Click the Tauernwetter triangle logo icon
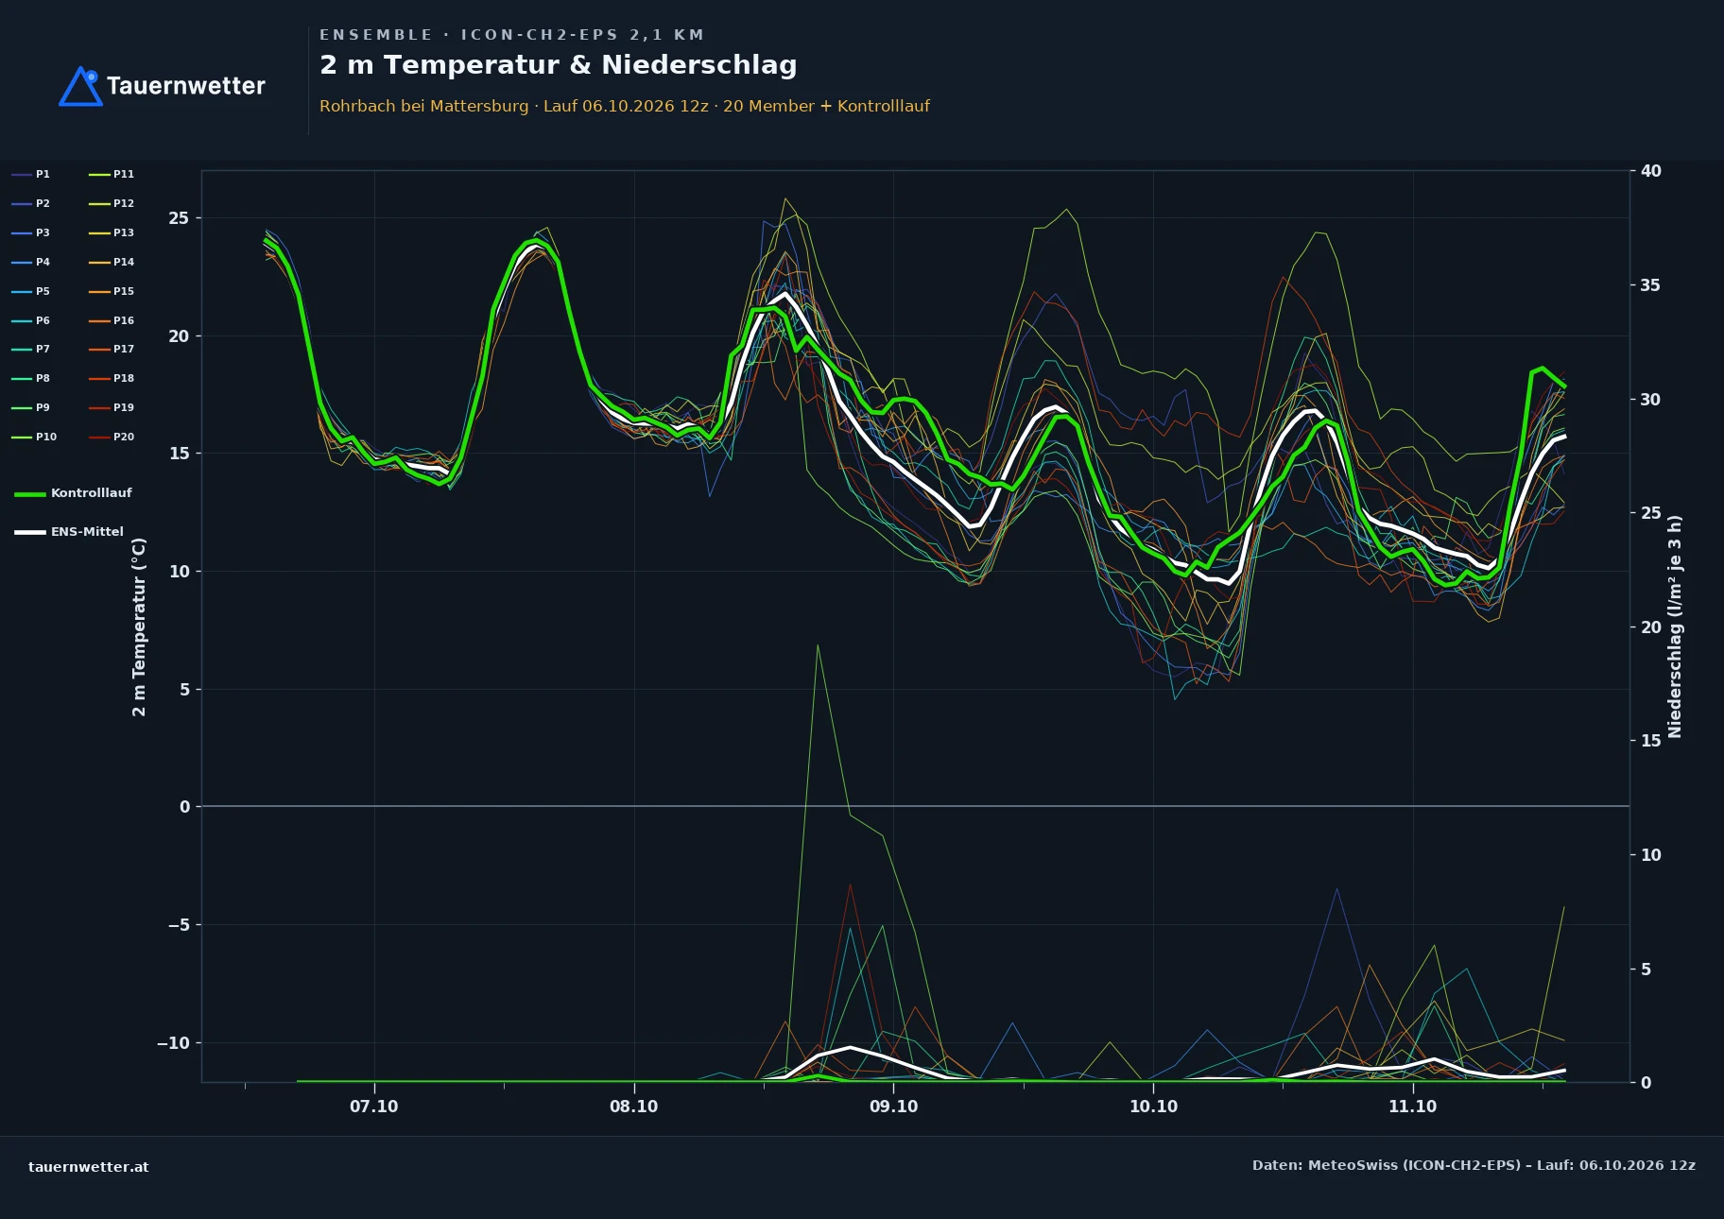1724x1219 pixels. point(80,87)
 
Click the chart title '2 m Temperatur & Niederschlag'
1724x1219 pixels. point(558,65)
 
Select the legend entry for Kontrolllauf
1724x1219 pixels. point(73,493)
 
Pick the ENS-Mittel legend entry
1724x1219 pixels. point(69,532)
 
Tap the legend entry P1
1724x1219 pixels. point(30,175)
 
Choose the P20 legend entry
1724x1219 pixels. point(112,438)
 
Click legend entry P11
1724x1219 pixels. point(112,175)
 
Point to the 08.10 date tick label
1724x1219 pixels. point(633,1107)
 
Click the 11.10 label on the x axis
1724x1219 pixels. point(1412,1107)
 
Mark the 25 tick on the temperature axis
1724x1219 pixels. point(179,218)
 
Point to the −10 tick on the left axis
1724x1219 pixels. point(173,1043)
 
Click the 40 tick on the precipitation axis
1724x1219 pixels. point(1650,171)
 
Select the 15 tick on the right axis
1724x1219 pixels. point(1650,741)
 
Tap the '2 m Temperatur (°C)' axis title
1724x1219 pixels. point(139,627)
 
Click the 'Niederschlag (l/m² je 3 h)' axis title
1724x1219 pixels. point(1675,627)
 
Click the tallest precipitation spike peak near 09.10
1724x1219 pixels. point(818,645)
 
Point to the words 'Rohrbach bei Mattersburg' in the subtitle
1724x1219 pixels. point(424,106)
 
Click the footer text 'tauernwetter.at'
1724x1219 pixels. point(89,1167)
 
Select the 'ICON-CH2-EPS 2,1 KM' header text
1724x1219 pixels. point(582,35)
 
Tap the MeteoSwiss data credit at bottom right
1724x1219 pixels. point(1474,1165)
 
